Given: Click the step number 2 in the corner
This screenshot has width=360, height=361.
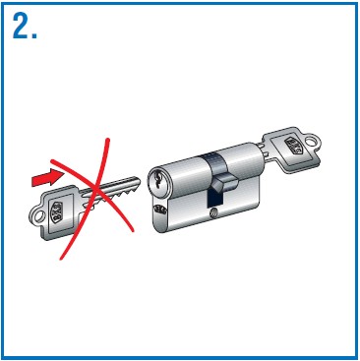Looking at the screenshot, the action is tap(20, 27).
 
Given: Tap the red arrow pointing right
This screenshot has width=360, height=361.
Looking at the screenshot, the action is tap(46, 178).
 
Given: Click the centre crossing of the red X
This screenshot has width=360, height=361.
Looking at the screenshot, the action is tap(95, 189).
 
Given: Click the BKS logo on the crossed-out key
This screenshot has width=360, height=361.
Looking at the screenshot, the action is tap(56, 210).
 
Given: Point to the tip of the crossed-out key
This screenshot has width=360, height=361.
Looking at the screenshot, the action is tap(139, 180).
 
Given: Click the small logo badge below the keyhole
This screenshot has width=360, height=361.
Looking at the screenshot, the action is tap(161, 209).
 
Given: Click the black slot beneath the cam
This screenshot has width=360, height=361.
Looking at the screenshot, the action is tap(215, 200).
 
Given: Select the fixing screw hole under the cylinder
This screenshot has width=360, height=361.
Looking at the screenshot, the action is tap(213, 213).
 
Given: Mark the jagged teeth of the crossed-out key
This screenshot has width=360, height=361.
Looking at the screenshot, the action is tap(115, 196).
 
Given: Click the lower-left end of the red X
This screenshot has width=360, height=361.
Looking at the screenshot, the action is tap(61, 259).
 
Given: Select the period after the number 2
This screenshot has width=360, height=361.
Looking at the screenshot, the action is tap(34, 35).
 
